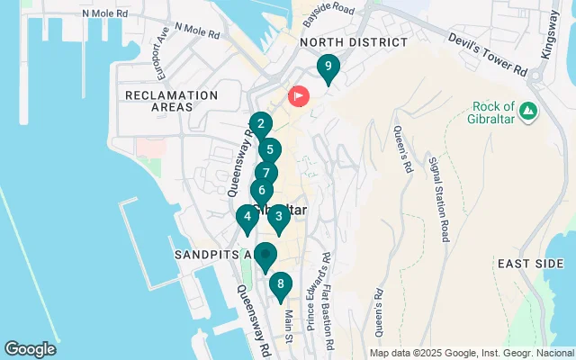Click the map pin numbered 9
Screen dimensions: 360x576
click(328, 67)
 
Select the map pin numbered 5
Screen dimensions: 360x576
click(269, 150)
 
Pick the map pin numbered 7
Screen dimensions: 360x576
click(265, 172)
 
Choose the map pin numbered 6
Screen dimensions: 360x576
click(261, 191)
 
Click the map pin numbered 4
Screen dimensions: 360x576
click(247, 217)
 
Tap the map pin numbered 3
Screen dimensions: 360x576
click(278, 216)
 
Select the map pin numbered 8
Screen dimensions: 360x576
click(281, 285)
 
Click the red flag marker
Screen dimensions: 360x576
click(298, 95)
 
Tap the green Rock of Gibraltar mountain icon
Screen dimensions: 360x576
click(529, 112)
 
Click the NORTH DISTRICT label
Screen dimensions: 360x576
click(354, 42)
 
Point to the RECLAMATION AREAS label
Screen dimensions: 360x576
click(171, 101)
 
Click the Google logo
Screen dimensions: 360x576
click(30, 349)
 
